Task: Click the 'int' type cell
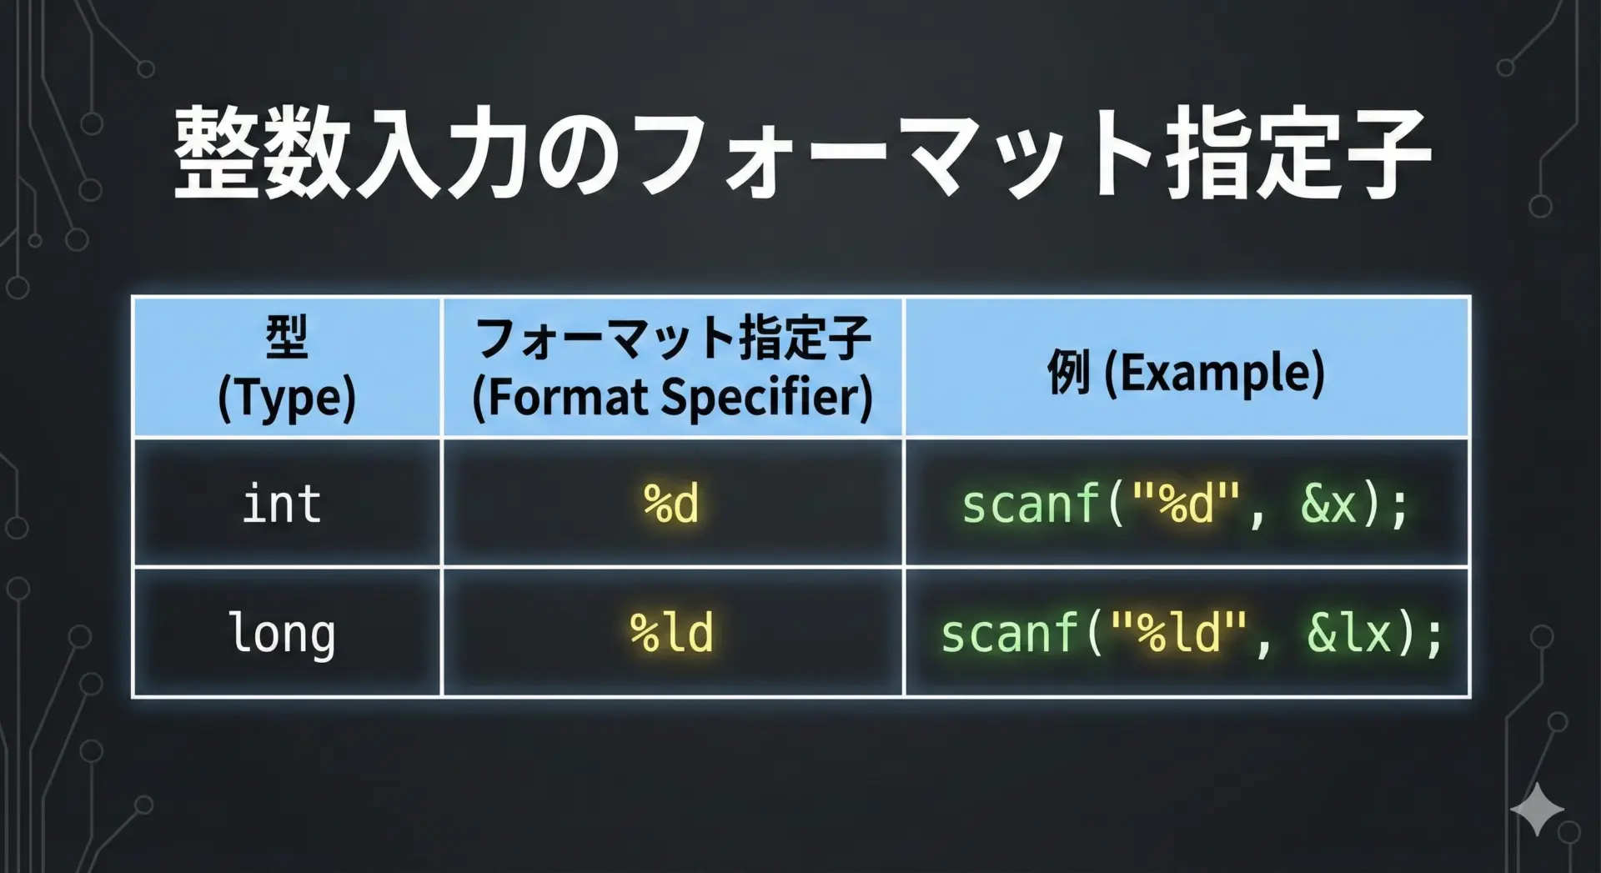click(x=282, y=504)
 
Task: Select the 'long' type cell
click(x=282, y=634)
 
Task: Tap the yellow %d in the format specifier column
click(x=671, y=504)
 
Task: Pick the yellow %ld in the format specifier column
click(x=671, y=632)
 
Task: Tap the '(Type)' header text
click(x=287, y=398)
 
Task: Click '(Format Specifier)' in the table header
click(x=672, y=397)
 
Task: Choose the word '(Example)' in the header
click(x=1214, y=372)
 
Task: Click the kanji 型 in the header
click(x=287, y=336)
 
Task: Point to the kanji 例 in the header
click(x=1068, y=372)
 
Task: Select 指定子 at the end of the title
click(x=1298, y=155)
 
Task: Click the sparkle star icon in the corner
click(x=1537, y=808)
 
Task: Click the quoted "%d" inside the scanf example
click(x=1185, y=503)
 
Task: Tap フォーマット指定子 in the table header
click(x=672, y=337)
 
